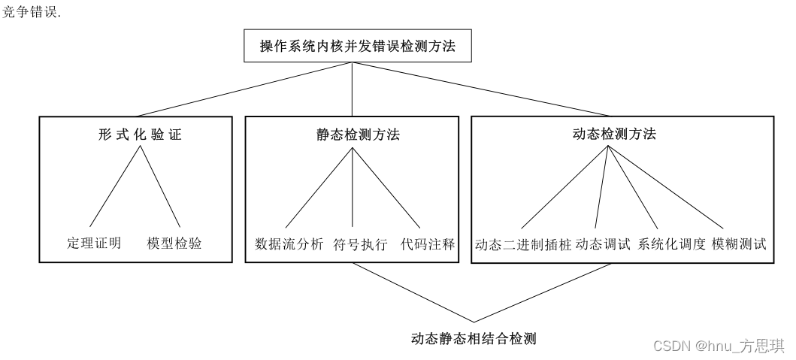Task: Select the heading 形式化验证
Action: coord(140,135)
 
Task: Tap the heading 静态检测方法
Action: coord(353,135)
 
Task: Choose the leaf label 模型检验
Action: coord(175,244)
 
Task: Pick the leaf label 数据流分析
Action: coord(289,244)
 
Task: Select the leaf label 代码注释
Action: coord(427,244)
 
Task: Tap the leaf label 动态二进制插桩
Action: coord(523,244)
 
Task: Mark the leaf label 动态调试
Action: coord(604,244)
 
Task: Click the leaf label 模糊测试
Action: coord(739,244)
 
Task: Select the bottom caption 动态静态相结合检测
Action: coord(474,339)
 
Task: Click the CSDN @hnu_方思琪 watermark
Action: coord(719,346)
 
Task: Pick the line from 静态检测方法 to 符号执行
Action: coord(353,188)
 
